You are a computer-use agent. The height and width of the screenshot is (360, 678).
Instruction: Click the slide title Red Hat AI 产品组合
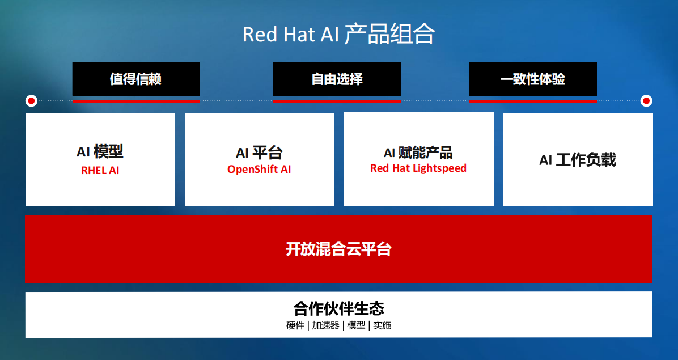(338, 35)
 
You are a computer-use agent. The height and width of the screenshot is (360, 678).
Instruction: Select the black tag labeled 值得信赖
(136, 79)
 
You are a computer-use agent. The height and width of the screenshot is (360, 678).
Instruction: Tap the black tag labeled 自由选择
(337, 79)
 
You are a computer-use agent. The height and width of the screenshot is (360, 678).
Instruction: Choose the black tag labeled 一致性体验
(533, 79)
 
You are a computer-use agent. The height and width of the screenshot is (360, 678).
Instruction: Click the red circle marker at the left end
(31, 101)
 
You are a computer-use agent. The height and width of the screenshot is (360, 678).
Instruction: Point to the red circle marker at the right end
(646, 101)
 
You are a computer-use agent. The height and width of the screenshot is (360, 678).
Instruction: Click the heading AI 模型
(100, 152)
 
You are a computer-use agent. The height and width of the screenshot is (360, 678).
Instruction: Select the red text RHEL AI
(100, 170)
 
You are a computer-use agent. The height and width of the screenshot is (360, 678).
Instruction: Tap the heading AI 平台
(259, 153)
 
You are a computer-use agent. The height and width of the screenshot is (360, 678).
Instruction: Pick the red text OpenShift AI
(259, 170)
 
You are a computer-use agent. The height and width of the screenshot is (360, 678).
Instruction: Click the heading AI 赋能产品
(418, 153)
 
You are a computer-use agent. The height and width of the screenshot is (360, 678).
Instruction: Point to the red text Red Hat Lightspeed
(418, 168)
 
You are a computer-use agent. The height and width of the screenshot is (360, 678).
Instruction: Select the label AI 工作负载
(578, 160)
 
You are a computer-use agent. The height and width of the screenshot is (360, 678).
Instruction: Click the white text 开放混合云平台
(338, 249)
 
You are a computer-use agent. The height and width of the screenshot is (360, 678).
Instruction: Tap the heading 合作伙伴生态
(338, 308)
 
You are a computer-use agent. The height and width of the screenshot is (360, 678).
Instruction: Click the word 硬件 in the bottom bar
(295, 325)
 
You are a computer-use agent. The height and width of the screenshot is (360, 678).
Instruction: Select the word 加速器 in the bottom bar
(325, 325)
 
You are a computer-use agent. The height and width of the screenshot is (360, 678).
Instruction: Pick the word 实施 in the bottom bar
(382, 325)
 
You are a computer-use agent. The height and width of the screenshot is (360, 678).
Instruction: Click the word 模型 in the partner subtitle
(357, 325)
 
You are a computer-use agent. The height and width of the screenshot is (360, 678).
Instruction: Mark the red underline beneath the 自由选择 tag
(337, 101)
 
